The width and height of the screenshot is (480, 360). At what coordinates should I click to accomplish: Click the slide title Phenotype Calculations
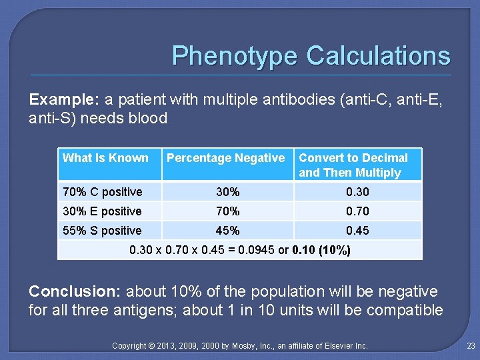tap(311, 55)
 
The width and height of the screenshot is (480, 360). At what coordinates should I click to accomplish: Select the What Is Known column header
tap(105, 158)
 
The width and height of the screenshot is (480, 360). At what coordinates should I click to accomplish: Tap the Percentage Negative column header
tap(225, 158)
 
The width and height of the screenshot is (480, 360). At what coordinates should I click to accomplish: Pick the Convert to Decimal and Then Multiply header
tap(353, 165)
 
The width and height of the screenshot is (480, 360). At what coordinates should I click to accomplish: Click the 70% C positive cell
tap(102, 192)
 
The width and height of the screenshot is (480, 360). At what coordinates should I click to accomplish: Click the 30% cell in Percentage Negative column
tap(227, 192)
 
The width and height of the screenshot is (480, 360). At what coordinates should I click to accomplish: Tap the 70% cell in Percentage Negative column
tap(227, 211)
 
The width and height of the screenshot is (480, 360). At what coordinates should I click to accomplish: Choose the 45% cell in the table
tap(227, 231)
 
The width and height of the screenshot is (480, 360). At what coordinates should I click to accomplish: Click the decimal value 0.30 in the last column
tap(357, 192)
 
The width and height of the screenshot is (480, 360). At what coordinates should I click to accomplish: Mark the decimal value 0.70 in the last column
tap(357, 211)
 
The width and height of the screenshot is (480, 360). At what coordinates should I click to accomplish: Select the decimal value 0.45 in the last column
tap(357, 231)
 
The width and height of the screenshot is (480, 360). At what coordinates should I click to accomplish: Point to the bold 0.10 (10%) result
tap(318, 251)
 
